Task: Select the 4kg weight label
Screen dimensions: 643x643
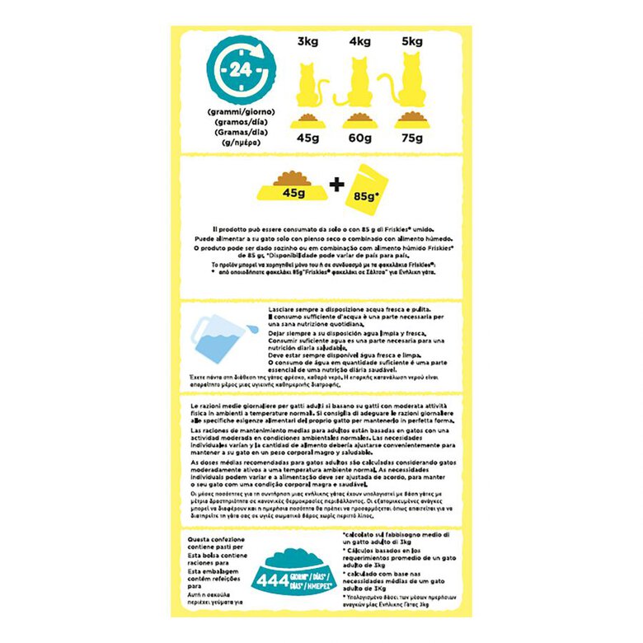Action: (361, 41)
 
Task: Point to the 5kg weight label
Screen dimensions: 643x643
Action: (411, 41)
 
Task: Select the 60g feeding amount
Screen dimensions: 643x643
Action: (361, 138)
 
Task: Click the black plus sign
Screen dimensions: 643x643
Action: (336, 185)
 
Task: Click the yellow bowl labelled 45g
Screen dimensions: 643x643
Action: (290, 189)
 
